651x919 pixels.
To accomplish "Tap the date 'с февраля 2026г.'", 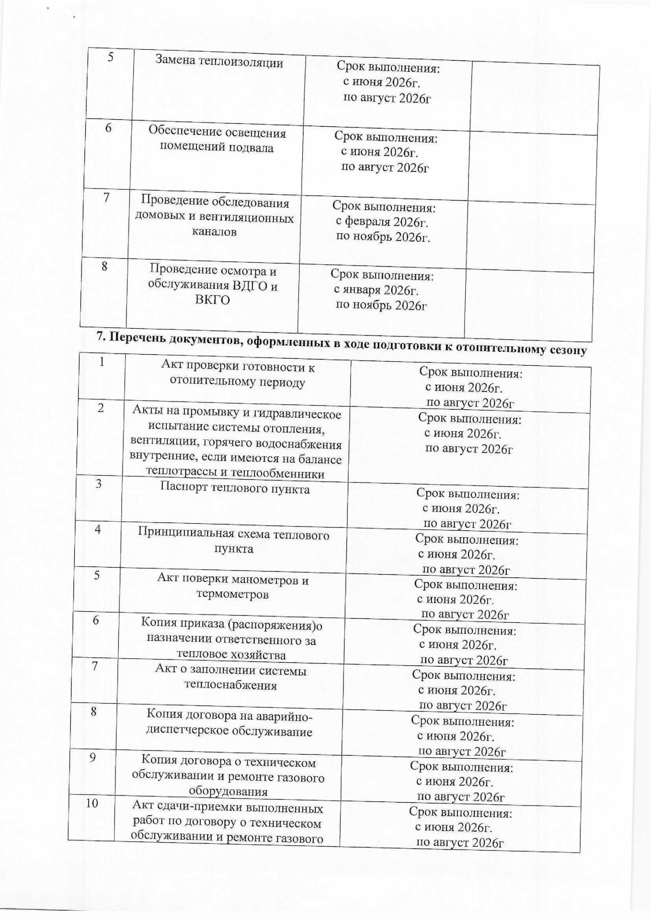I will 381,222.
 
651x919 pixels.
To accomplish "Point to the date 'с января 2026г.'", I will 376,290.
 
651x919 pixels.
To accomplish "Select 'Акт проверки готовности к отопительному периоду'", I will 238,374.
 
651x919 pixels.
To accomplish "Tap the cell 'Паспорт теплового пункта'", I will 235,488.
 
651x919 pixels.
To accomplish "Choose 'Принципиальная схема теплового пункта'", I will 234,541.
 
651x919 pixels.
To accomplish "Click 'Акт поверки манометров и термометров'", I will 233,587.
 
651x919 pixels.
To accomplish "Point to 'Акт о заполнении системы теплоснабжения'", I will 231,677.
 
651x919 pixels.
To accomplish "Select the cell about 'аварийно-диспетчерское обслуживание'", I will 229,723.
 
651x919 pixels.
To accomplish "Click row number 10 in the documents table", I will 91,803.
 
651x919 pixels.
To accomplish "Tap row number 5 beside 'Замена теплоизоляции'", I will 110,57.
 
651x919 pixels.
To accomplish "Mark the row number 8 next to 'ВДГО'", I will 104,267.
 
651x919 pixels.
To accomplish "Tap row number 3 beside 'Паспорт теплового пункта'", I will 99,483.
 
